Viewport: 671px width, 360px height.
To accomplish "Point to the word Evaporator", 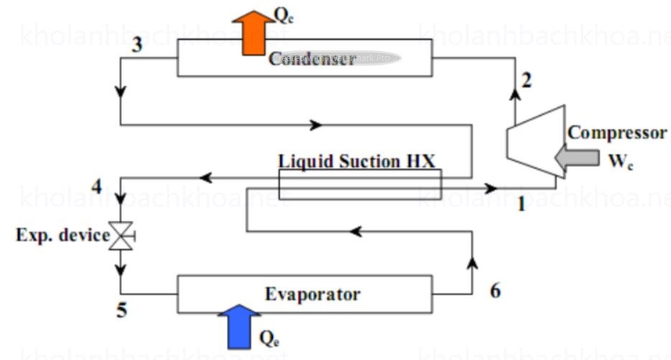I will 313,293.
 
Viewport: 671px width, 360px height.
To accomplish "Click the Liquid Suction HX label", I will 357,160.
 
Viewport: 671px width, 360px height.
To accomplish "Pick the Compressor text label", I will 617,133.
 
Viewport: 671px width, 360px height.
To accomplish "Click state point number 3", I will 137,44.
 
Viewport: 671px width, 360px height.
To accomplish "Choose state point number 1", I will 522,205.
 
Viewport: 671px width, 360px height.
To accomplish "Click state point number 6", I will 495,290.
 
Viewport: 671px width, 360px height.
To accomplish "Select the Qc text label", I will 285,17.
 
